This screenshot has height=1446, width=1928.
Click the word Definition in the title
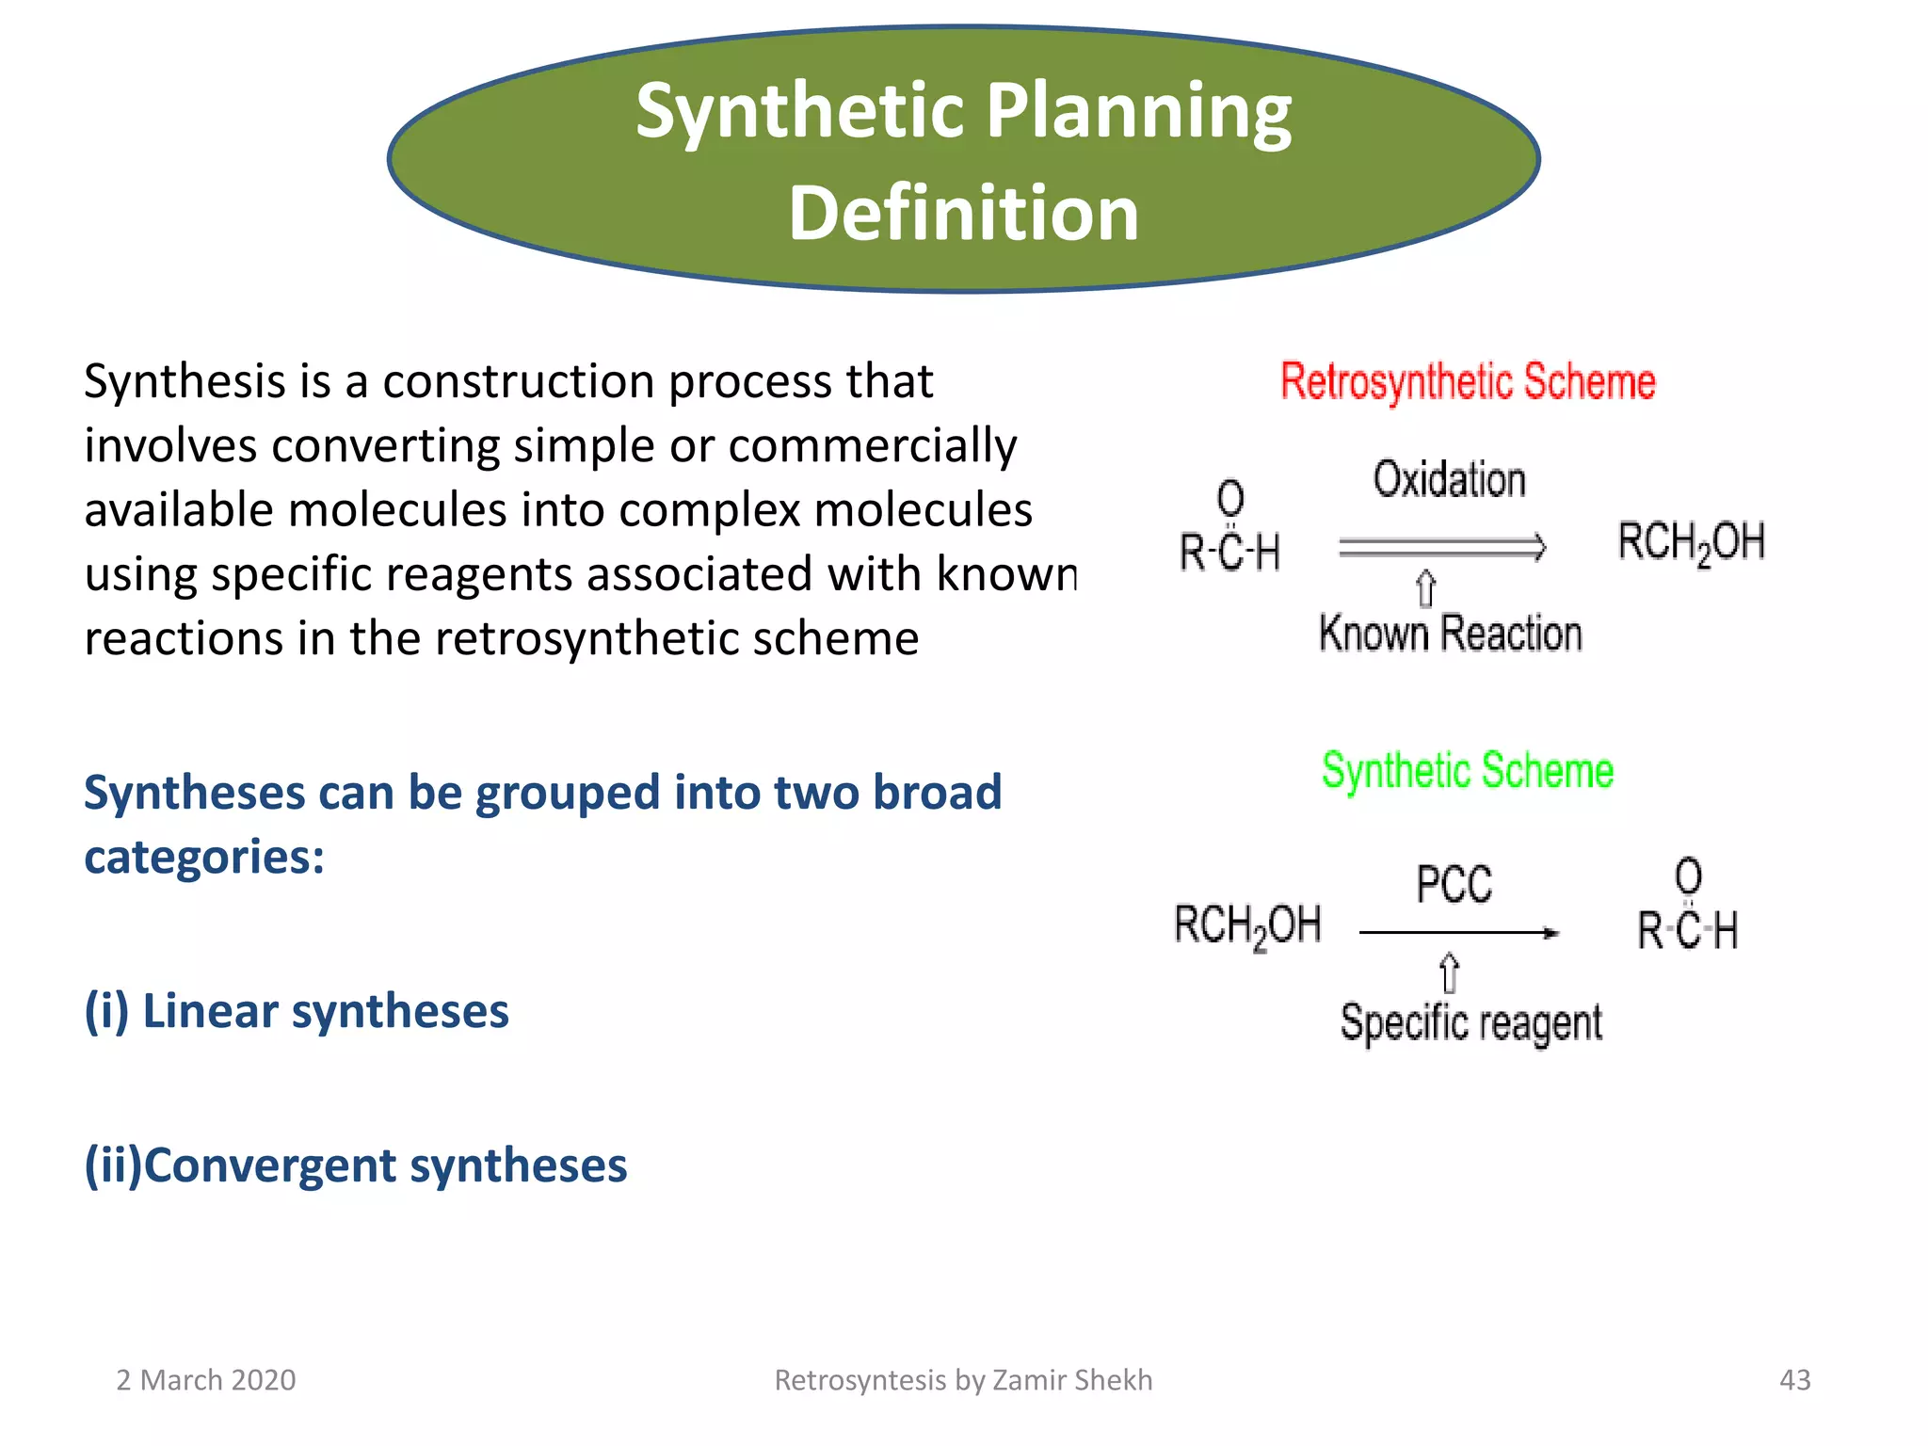tap(963, 213)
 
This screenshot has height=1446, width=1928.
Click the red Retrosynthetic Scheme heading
tap(1467, 381)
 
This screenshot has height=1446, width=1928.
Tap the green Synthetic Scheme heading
tap(1467, 770)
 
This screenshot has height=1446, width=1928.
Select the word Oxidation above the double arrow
tap(1449, 479)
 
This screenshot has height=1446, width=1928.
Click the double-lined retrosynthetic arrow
tap(1441, 547)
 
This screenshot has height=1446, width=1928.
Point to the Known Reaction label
tap(1450, 634)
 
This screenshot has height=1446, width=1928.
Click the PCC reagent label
tap(1454, 885)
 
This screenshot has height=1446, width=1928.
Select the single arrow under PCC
tap(1458, 933)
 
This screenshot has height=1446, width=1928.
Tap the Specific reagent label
tap(1470, 1022)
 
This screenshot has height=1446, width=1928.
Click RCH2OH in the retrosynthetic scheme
tap(1691, 543)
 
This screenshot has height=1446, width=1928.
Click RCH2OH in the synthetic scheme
tap(1247, 925)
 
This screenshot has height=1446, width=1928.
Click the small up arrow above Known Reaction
tap(1426, 589)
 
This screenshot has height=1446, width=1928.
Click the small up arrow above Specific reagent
tap(1450, 972)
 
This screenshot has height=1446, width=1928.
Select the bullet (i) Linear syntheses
tap(297, 1011)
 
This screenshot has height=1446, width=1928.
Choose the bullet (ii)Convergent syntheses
tap(356, 1165)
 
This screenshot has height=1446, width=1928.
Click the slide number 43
tap(1794, 1380)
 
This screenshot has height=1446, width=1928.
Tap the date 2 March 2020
tap(205, 1380)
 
